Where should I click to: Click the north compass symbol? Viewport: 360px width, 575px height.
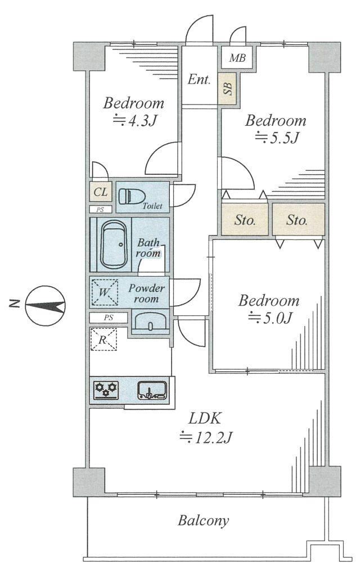pos(45,305)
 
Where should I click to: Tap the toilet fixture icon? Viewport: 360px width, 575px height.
pos(132,196)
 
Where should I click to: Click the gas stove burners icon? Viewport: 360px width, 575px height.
pos(106,390)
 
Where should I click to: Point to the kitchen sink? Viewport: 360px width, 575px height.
pos(152,390)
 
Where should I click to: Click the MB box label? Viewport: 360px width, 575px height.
pos(237,57)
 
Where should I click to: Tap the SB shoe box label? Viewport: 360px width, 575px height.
pos(228,88)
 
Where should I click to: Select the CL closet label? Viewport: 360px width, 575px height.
pos(101,192)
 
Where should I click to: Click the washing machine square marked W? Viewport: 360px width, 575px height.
pos(105,292)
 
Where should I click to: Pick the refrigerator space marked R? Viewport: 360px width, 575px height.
pos(103,339)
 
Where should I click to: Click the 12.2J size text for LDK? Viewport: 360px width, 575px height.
pos(206,437)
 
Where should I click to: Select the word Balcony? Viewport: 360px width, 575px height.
pos(203,520)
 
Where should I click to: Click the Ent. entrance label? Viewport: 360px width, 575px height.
pos(199,79)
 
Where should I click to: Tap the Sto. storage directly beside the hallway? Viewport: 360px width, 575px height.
pos(245,220)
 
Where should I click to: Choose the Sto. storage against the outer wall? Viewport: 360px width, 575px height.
pos(299,220)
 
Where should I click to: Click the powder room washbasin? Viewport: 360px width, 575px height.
pos(150,322)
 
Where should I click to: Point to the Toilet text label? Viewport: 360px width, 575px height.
pos(152,206)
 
